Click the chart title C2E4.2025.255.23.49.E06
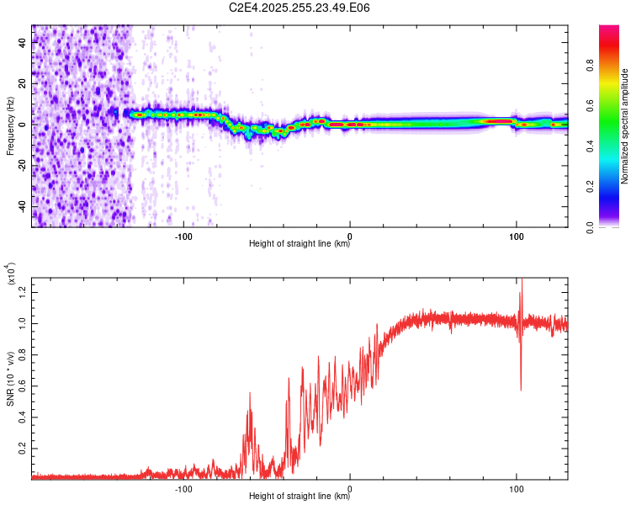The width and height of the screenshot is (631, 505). pyautogui.click(x=300, y=8)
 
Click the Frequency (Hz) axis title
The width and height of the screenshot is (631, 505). pyautogui.click(x=11, y=125)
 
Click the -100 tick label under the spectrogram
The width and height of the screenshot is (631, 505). pyautogui.click(x=184, y=235)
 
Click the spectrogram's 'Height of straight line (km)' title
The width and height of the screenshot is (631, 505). pyautogui.click(x=300, y=244)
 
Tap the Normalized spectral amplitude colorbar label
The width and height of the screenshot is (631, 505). pyautogui.click(x=625, y=125)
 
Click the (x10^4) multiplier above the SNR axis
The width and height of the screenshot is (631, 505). pyautogui.click(x=11, y=274)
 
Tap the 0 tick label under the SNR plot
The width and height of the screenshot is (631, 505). pyautogui.click(x=350, y=487)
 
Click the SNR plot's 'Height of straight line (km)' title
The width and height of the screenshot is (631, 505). pyautogui.click(x=300, y=497)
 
